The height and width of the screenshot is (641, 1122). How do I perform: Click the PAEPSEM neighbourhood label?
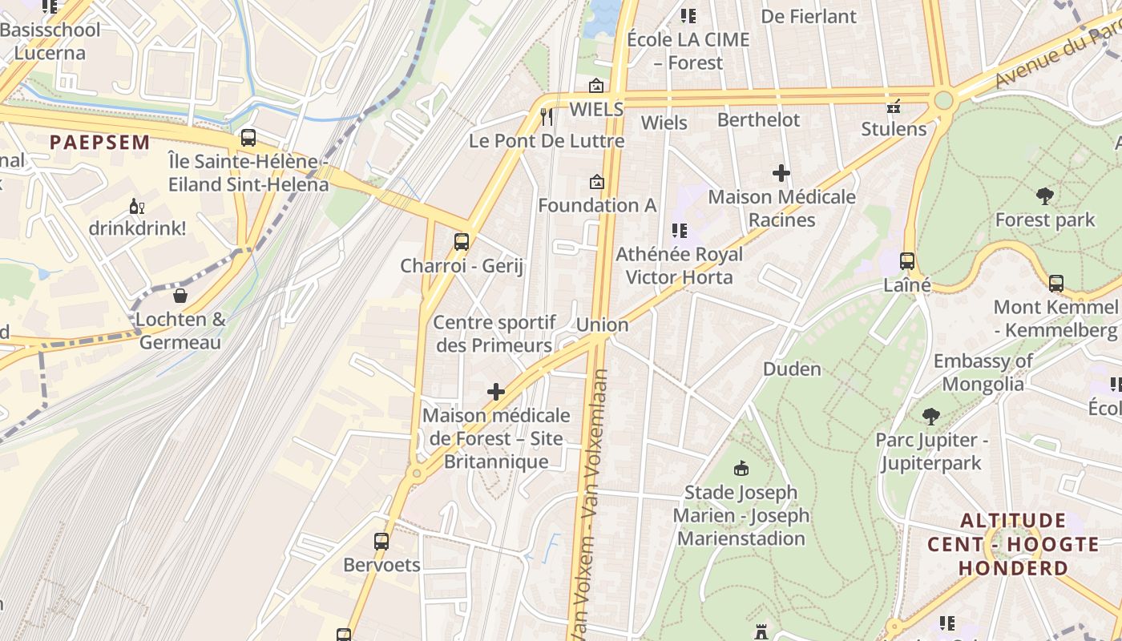tap(99, 143)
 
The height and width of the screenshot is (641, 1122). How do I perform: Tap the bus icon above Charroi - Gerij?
tap(461, 241)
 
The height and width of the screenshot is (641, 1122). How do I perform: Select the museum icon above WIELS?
tap(596, 86)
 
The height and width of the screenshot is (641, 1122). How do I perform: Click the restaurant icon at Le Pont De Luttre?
tap(547, 117)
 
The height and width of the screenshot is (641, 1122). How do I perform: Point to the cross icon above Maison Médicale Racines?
tap(781, 172)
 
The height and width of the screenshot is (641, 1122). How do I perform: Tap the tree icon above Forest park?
tap(1044, 195)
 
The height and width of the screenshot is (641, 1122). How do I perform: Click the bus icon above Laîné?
tap(906, 260)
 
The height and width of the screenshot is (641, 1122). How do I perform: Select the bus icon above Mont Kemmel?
tap(1055, 283)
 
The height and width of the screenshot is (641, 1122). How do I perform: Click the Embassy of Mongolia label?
tap(983, 372)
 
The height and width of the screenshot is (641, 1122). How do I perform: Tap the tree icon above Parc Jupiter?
tap(930, 416)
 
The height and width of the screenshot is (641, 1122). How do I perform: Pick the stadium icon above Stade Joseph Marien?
tap(741, 468)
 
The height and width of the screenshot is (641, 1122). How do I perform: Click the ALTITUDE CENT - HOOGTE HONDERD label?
tap(1013, 545)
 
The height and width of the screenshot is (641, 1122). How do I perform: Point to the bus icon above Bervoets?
tap(381, 541)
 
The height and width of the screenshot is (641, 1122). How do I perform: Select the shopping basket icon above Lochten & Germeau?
tap(180, 296)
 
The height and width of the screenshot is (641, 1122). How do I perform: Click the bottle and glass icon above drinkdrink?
tap(137, 206)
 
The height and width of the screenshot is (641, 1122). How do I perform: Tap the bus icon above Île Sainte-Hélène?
tap(248, 137)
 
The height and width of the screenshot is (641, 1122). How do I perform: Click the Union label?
tap(602, 325)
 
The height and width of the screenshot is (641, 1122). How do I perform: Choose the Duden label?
tap(792, 369)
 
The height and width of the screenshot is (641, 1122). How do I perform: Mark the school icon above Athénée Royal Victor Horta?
tap(680, 231)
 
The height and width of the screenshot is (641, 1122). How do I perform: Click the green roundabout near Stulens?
tap(943, 100)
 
